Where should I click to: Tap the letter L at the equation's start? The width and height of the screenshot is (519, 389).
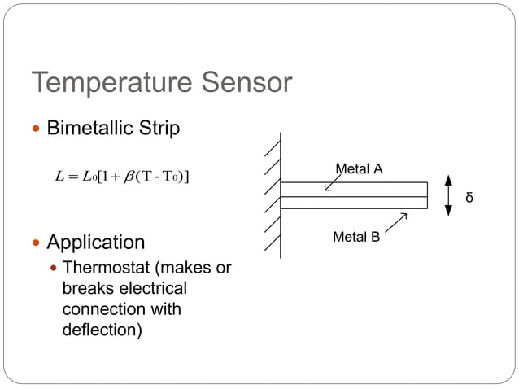coord(59,177)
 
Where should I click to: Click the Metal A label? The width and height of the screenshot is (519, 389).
coord(359,169)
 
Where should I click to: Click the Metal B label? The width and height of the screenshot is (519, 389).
coord(356,238)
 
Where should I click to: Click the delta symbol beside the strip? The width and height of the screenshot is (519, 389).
coord(469,197)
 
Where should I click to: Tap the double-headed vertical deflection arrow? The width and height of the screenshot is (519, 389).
coord(448,195)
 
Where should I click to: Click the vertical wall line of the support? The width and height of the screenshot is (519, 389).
coord(281,195)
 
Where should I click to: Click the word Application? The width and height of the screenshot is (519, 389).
coord(96,243)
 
